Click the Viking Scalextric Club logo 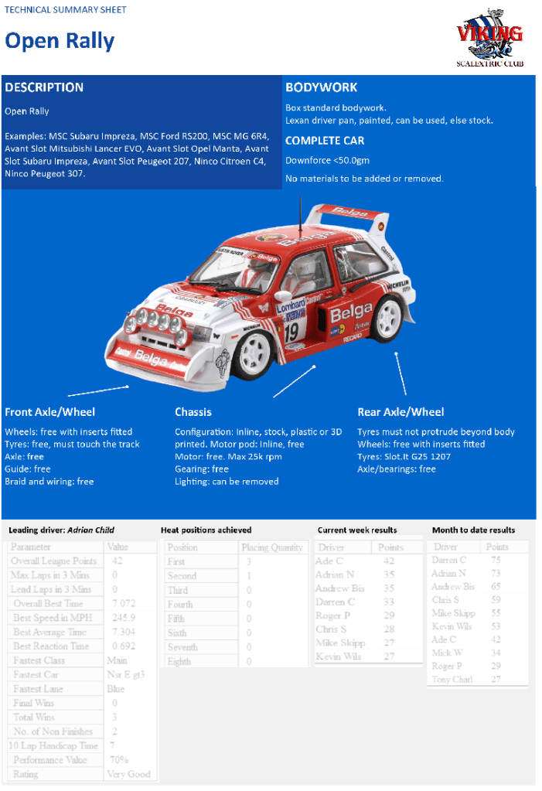pos(489,38)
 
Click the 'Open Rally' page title pos(60,41)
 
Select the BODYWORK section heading pos(321,87)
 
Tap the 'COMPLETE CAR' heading pos(325,141)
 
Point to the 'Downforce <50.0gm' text pos(327,160)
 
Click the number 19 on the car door pos(291,333)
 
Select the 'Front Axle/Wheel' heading pos(49,412)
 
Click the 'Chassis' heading pos(193,412)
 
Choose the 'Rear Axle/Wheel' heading pos(401,412)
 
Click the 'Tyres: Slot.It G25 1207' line pos(404,456)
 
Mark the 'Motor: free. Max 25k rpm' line pos(228,456)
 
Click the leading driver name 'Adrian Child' pos(90,530)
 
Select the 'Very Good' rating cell pos(128,774)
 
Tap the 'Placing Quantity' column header pos(271,547)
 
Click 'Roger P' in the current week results pos(332,615)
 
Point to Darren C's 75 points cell pos(496,560)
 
